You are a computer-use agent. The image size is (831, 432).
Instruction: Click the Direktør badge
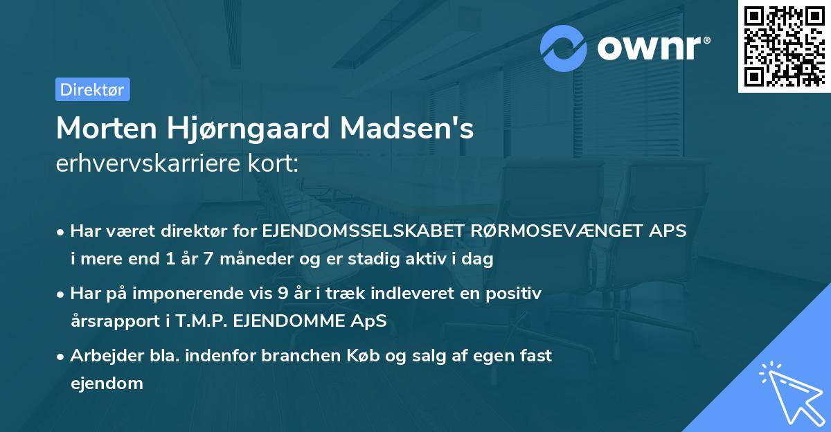[92, 89]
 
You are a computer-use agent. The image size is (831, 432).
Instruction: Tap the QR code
[783, 46]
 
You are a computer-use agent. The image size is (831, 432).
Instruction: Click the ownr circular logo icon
[564, 48]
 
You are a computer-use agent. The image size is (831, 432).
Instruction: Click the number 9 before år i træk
[283, 294]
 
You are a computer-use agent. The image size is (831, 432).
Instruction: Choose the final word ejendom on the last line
[107, 383]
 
